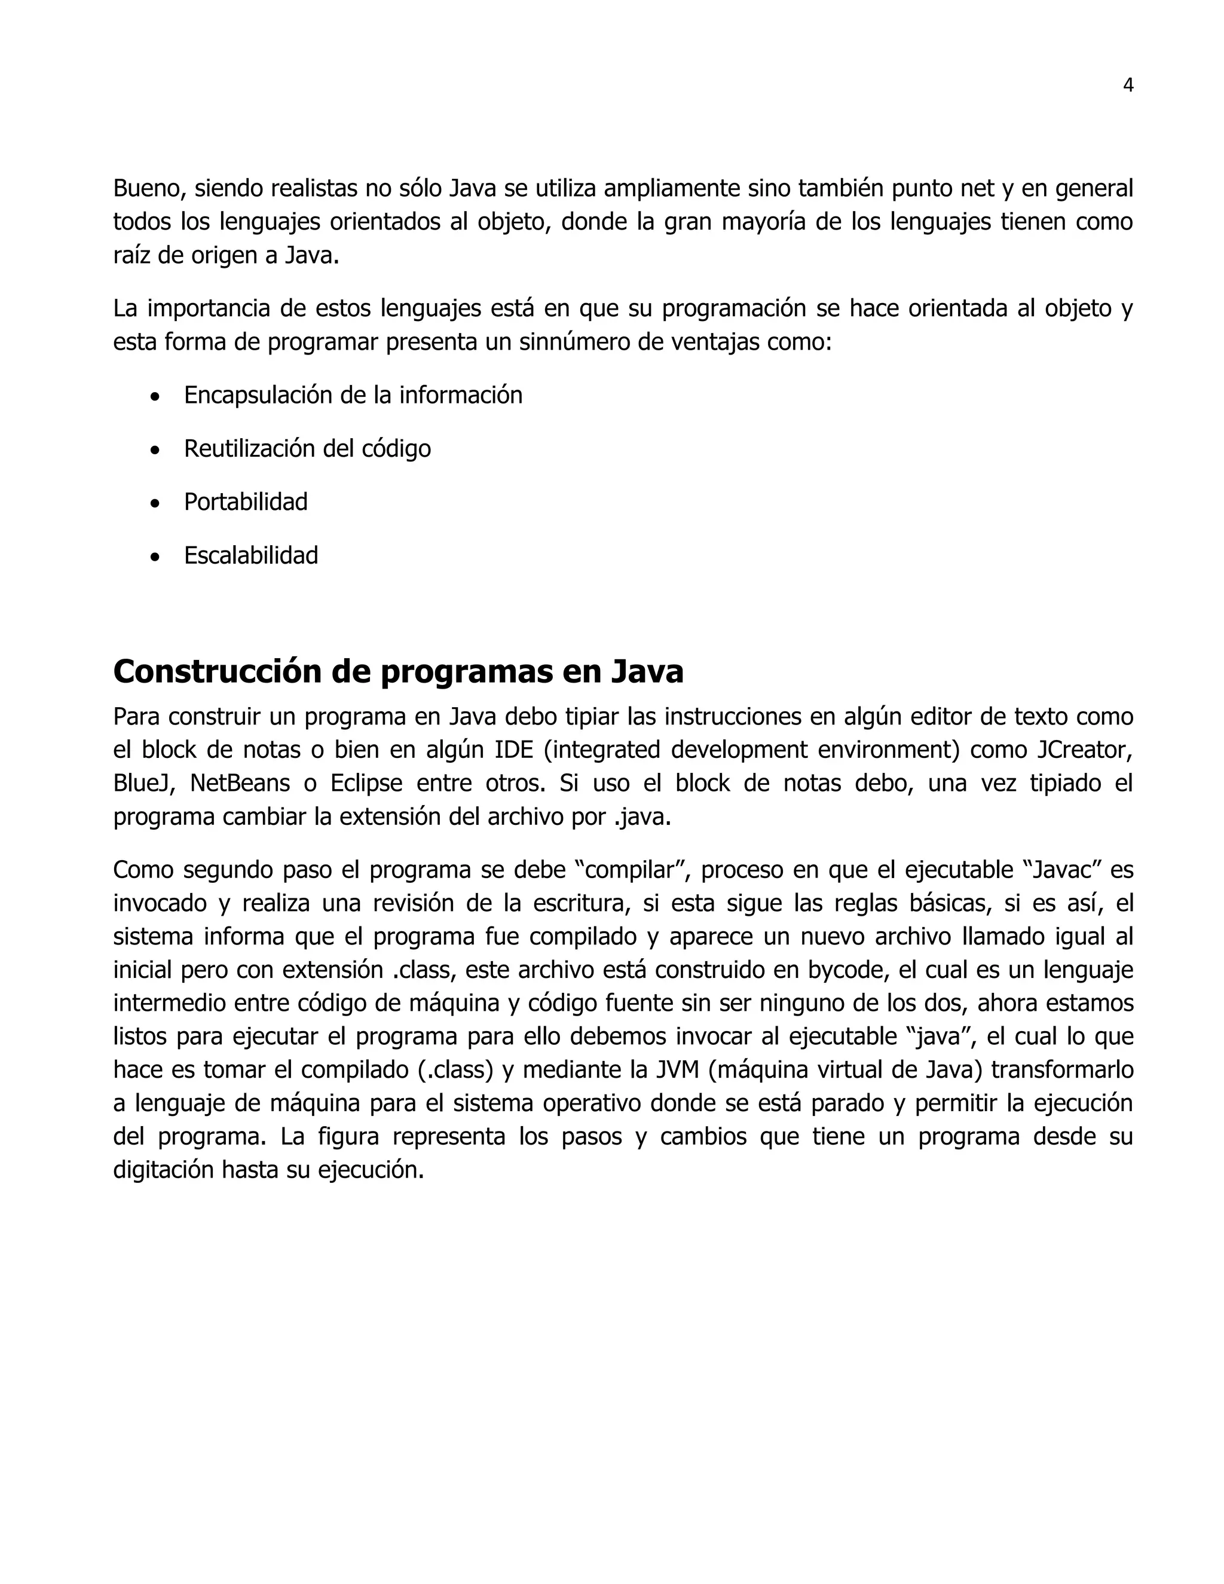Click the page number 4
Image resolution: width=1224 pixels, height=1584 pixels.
[x=1128, y=85]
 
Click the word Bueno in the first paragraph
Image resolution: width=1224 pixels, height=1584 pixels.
[x=143, y=188]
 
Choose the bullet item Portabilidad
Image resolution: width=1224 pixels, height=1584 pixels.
[x=246, y=502]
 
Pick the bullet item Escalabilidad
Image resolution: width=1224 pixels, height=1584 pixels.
[x=251, y=555]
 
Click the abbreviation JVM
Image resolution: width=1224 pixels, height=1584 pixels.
[x=677, y=1070]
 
